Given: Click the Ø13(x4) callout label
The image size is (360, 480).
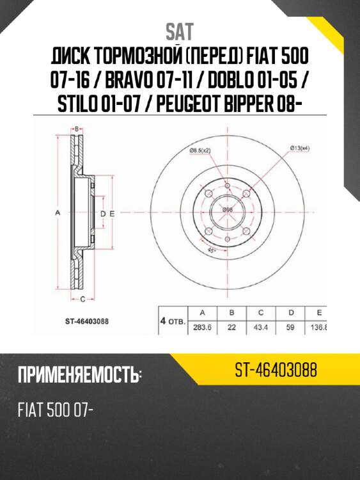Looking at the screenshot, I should pos(299,148).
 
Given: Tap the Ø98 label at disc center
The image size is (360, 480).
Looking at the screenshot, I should pos(227,210).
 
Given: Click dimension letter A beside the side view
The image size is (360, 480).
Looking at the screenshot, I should pos(56,212).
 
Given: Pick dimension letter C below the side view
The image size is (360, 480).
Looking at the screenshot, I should pos(83,298).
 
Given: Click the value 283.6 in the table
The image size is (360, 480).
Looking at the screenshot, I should pos(202,326).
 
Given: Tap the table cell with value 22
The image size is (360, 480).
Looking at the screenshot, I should pos(232,326).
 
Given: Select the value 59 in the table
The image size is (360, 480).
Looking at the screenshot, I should pos(291,326).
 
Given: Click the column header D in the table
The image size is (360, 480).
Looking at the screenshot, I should pos(291,312).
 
